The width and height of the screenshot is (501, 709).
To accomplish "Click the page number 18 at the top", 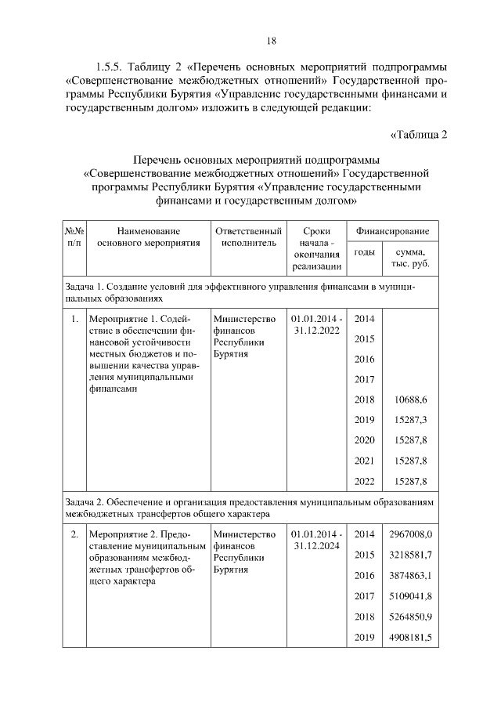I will pos(271,41).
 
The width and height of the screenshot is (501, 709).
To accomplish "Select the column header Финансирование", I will pos(393,231).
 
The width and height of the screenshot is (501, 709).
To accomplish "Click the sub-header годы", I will pos(364,251).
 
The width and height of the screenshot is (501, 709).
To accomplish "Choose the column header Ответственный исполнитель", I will pos(248,237).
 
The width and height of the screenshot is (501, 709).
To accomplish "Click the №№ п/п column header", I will pos(74,237).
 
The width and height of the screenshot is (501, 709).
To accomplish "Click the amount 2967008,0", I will pos(410,534).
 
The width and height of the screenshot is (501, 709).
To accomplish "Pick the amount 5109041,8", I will pos(410,595).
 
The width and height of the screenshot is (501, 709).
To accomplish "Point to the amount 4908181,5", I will pos(410,636).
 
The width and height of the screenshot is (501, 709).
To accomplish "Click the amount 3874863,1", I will pos(410,575).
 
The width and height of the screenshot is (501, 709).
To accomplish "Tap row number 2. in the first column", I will pos(73,534).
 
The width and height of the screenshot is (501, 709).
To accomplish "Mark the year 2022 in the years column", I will pos(364,481).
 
